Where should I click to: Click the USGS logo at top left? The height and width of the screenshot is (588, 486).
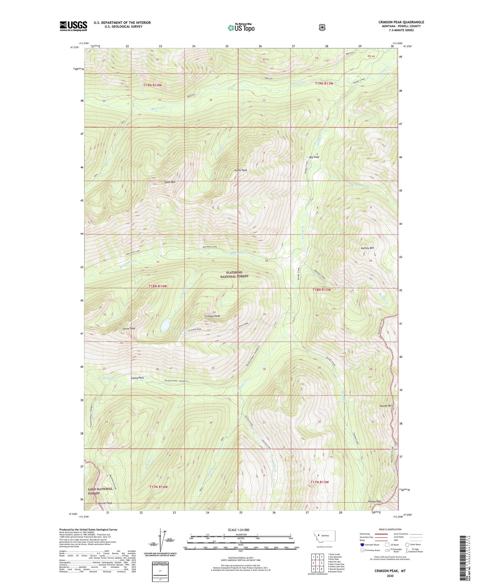point(73,26)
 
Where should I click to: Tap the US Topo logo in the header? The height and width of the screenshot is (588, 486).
point(241,28)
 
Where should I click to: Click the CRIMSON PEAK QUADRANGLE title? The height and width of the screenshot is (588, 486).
point(401,22)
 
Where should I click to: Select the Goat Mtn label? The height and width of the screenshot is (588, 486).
point(170,182)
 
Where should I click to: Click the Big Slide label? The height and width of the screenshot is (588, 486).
point(314,157)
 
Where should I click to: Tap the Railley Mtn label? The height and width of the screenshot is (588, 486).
point(367,248)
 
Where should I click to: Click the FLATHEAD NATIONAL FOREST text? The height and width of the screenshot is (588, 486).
point(234,274)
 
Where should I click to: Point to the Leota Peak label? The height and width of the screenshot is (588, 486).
point(129,329)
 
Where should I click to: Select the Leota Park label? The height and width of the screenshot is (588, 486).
point(137,378)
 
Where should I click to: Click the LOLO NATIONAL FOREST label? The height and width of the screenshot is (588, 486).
point(100,491)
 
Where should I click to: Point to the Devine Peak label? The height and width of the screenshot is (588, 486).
point(105,503)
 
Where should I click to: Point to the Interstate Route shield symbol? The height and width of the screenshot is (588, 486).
point(362,545)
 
